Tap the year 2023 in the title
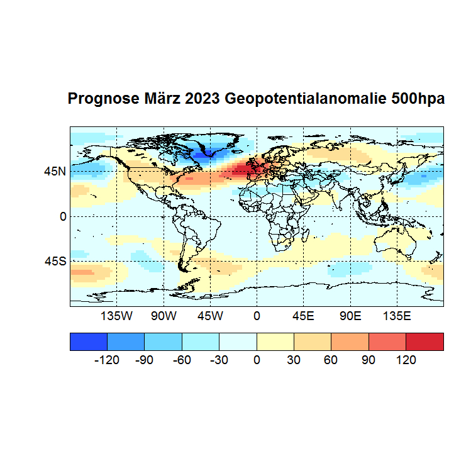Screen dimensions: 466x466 (x=202, y=99)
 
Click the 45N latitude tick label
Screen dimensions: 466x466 (x=55, y=171)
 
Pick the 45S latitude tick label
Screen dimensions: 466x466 (x=55, y=261)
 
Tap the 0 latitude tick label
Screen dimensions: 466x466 (x=63, y=216)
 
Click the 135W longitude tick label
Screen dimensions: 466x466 (x=117, y=316)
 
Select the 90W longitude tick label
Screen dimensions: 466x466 (x=164, y=316)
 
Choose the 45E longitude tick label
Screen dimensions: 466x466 (x=303, y=316)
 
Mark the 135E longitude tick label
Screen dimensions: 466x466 (x=396, y=316)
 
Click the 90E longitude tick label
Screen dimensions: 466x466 (x=350, y=316)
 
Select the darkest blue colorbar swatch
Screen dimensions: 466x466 (x=88, y=341)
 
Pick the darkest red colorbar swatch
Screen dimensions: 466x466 (x=424, y=341)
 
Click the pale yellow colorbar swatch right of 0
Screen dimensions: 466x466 (x=275, y=341)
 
